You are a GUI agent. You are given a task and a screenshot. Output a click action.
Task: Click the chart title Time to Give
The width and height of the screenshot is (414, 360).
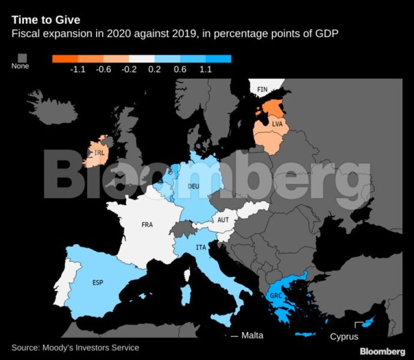click(46, 20)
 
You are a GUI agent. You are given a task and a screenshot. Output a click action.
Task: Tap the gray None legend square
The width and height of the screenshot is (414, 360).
click(20, 57)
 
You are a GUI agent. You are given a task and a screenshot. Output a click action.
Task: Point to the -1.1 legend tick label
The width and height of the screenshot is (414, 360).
click(77, 70)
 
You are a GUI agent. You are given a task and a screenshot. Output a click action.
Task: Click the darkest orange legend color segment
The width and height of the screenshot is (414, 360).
click(64, 59)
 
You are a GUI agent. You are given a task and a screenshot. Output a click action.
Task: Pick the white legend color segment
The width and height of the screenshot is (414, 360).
click(142, 59)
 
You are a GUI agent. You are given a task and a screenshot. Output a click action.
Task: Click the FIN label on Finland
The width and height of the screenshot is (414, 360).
click(262, 89)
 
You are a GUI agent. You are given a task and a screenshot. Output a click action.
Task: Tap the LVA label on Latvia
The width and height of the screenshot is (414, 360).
click(277, 124)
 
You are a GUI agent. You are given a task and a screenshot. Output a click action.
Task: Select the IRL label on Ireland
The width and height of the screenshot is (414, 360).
click(99, 152)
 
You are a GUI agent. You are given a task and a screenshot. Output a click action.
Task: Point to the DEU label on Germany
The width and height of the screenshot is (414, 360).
click(193, 186)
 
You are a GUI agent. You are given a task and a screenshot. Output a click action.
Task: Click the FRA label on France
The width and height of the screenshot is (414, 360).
click(147, 224)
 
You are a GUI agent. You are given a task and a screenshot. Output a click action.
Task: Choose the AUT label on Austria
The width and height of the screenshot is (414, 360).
click(223, 220)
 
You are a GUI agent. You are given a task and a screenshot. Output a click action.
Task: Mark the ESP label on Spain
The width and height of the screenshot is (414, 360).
click(97, 282)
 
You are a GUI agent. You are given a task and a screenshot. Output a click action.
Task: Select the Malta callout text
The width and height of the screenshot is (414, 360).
click(252, 336)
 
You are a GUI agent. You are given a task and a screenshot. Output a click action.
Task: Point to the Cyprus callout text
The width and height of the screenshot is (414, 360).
click(344, 336)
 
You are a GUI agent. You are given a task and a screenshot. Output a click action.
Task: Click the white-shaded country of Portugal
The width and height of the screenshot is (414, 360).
click(63, 282)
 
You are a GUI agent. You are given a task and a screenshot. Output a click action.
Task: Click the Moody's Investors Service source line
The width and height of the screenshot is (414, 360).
click(75, 348)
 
